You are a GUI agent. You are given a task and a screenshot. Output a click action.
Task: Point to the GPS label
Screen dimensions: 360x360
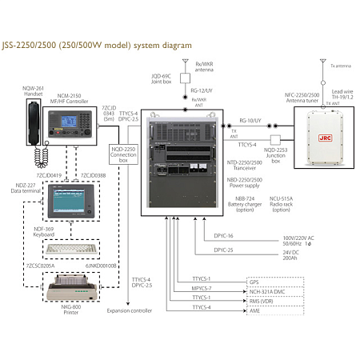(254, 282)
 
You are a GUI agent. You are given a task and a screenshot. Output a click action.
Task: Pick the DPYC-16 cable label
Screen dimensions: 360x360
(224, 237)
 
